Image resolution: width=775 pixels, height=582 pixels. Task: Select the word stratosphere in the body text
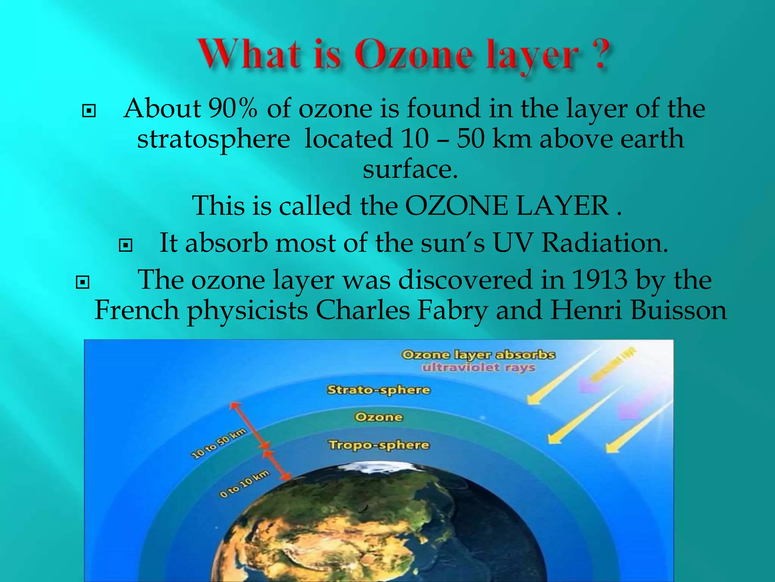tap(213, 139)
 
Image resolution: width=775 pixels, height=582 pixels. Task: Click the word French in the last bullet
tap(137, 310)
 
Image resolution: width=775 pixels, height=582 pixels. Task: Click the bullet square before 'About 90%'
tap(89, 111)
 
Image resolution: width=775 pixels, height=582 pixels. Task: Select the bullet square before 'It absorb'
tap(126, 246)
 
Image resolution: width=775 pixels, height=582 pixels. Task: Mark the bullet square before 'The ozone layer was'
tap(82, 282)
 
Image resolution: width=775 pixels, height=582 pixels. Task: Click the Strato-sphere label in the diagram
tap(378, 390)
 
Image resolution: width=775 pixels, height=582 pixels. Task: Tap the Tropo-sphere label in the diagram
tap(378, 445)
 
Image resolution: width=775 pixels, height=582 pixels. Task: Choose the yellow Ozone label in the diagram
tap(379, 417)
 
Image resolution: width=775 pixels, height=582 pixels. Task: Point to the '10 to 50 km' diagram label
tap(219, 443)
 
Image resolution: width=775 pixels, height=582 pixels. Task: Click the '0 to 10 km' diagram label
tap(244, 484)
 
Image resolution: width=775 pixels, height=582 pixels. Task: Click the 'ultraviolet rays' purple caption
tap(479, 368)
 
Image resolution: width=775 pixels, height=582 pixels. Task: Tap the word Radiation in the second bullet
tap(604, 243)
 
